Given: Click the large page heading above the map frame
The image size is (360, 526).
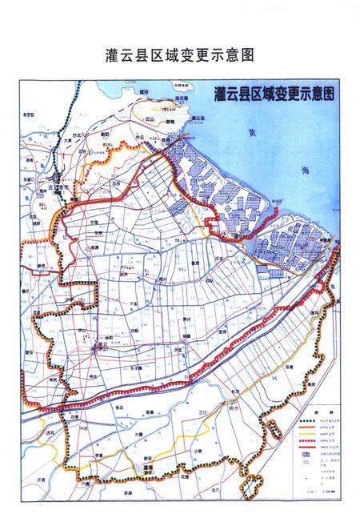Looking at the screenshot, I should pos(179,57).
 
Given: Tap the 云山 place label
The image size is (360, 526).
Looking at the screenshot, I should pos(150,118).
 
